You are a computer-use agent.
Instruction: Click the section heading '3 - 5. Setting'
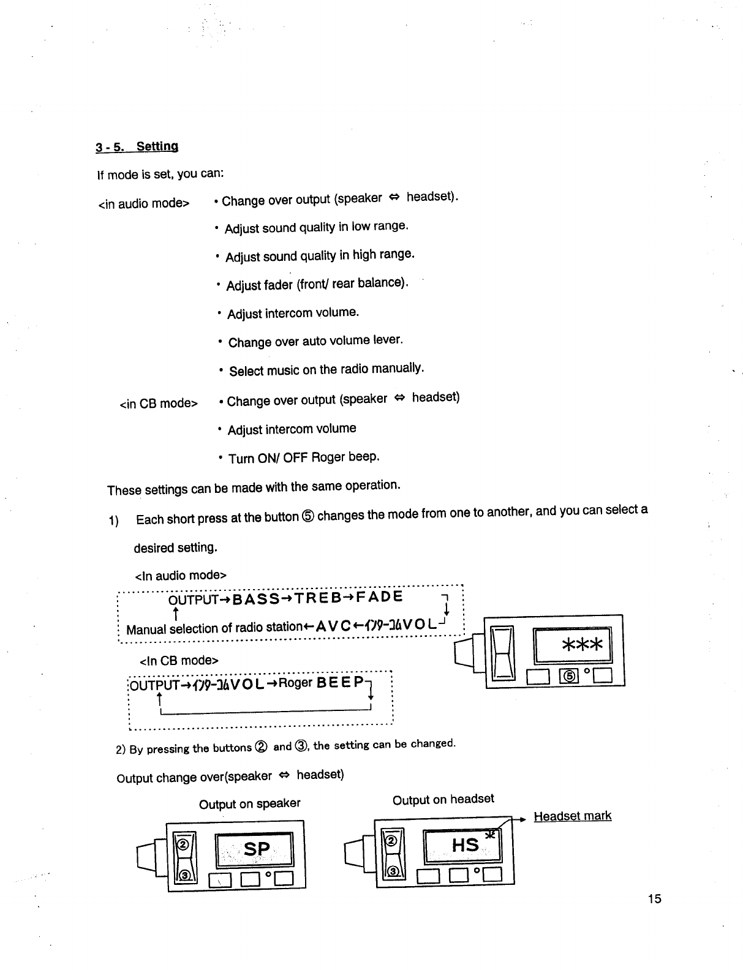click(137, 147)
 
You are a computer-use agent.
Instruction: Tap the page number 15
click(654, 898)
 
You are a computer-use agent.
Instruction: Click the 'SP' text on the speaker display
click(257, 849)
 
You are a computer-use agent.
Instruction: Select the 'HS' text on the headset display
click(464, 846)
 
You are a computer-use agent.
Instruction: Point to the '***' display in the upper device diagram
click(581, 644)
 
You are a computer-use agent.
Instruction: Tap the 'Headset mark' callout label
click(572, 816)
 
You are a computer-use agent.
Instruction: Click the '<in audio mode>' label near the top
click(143, 203)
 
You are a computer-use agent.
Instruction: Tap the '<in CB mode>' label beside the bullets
click(159, 404)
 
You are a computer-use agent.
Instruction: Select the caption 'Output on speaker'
click(249, 803)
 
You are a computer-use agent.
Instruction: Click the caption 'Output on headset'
click(443, 799)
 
